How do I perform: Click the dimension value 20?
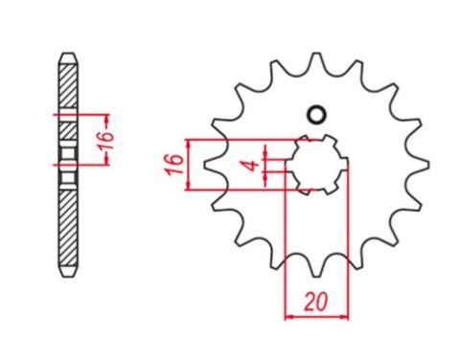[x=315, y=300]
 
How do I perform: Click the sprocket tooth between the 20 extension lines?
[x=317, y=260]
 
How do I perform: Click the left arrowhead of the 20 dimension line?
[x=289, y=314]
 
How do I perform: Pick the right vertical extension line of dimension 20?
[x=348, y=239]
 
